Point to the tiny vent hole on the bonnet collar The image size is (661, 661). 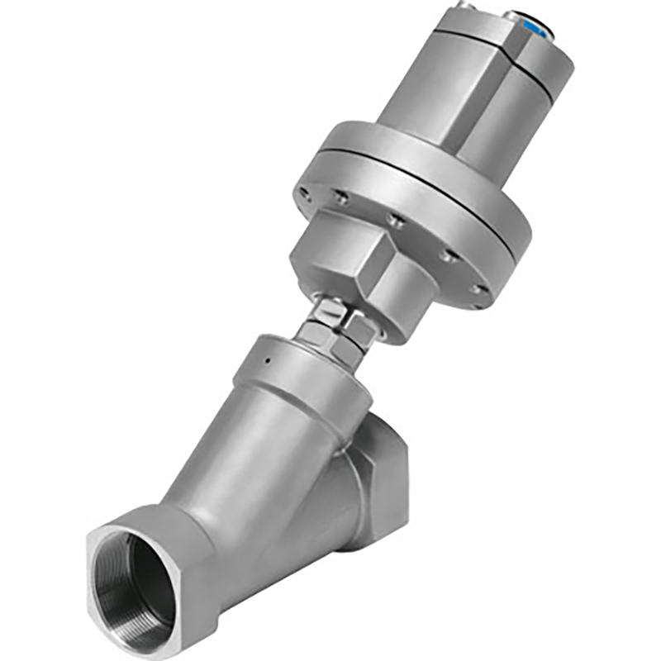point(266,361)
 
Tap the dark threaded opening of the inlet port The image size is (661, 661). point(132,583)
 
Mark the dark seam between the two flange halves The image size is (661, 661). point(413,178)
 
